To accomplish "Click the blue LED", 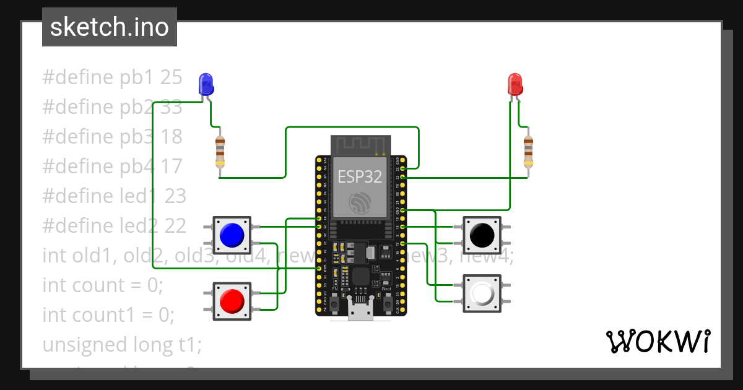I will click(x=206, y=84).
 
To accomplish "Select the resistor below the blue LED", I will click(x=220, y=152).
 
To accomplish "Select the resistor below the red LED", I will click(x=528, y=152).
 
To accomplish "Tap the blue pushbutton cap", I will click(x=232, y=234).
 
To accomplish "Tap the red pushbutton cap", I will click(x=232, y=301).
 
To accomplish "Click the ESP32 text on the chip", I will click(x=360, y=176).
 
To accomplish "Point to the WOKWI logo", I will click(x=658, y=341).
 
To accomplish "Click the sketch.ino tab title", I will click(x=110, y=27).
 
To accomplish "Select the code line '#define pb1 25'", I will click(x=112, y=77).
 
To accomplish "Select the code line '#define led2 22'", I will click(x=114, y=226).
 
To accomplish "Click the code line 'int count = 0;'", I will click(x=102, y=285).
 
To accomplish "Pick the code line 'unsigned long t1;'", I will click(x=122, y=344).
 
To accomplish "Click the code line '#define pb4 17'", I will click(x=112, y=167).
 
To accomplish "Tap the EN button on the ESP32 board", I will click(x=334, y=304).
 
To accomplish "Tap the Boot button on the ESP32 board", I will click(x=388, y=304).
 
